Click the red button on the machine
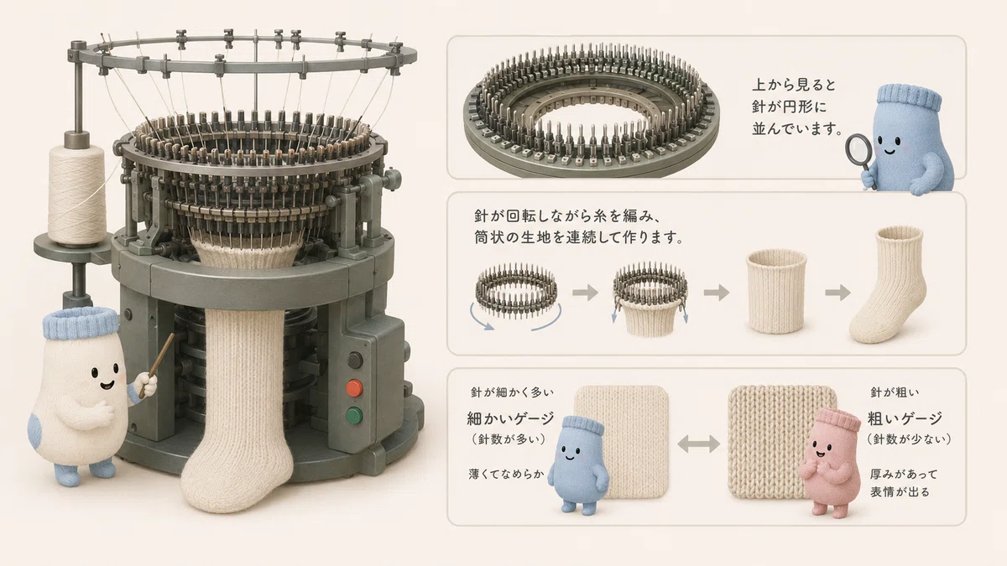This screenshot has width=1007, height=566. [354, 388]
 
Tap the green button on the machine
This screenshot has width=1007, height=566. [354, 416]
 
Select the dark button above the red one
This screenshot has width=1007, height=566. [355, 361]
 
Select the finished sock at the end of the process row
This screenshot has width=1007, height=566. [886, 284]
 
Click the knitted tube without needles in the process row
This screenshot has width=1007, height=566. [776, 292]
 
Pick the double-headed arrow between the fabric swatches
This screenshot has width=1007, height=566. [698, 444]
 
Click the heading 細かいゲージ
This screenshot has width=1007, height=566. [510, 418]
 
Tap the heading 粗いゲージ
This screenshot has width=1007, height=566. [905, 418]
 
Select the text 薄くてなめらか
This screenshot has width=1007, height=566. [506, 474]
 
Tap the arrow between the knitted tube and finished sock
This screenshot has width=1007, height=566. [837, 293]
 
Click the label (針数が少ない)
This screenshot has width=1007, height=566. [909, 439]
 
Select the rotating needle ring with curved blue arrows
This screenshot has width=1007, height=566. [516, 292]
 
